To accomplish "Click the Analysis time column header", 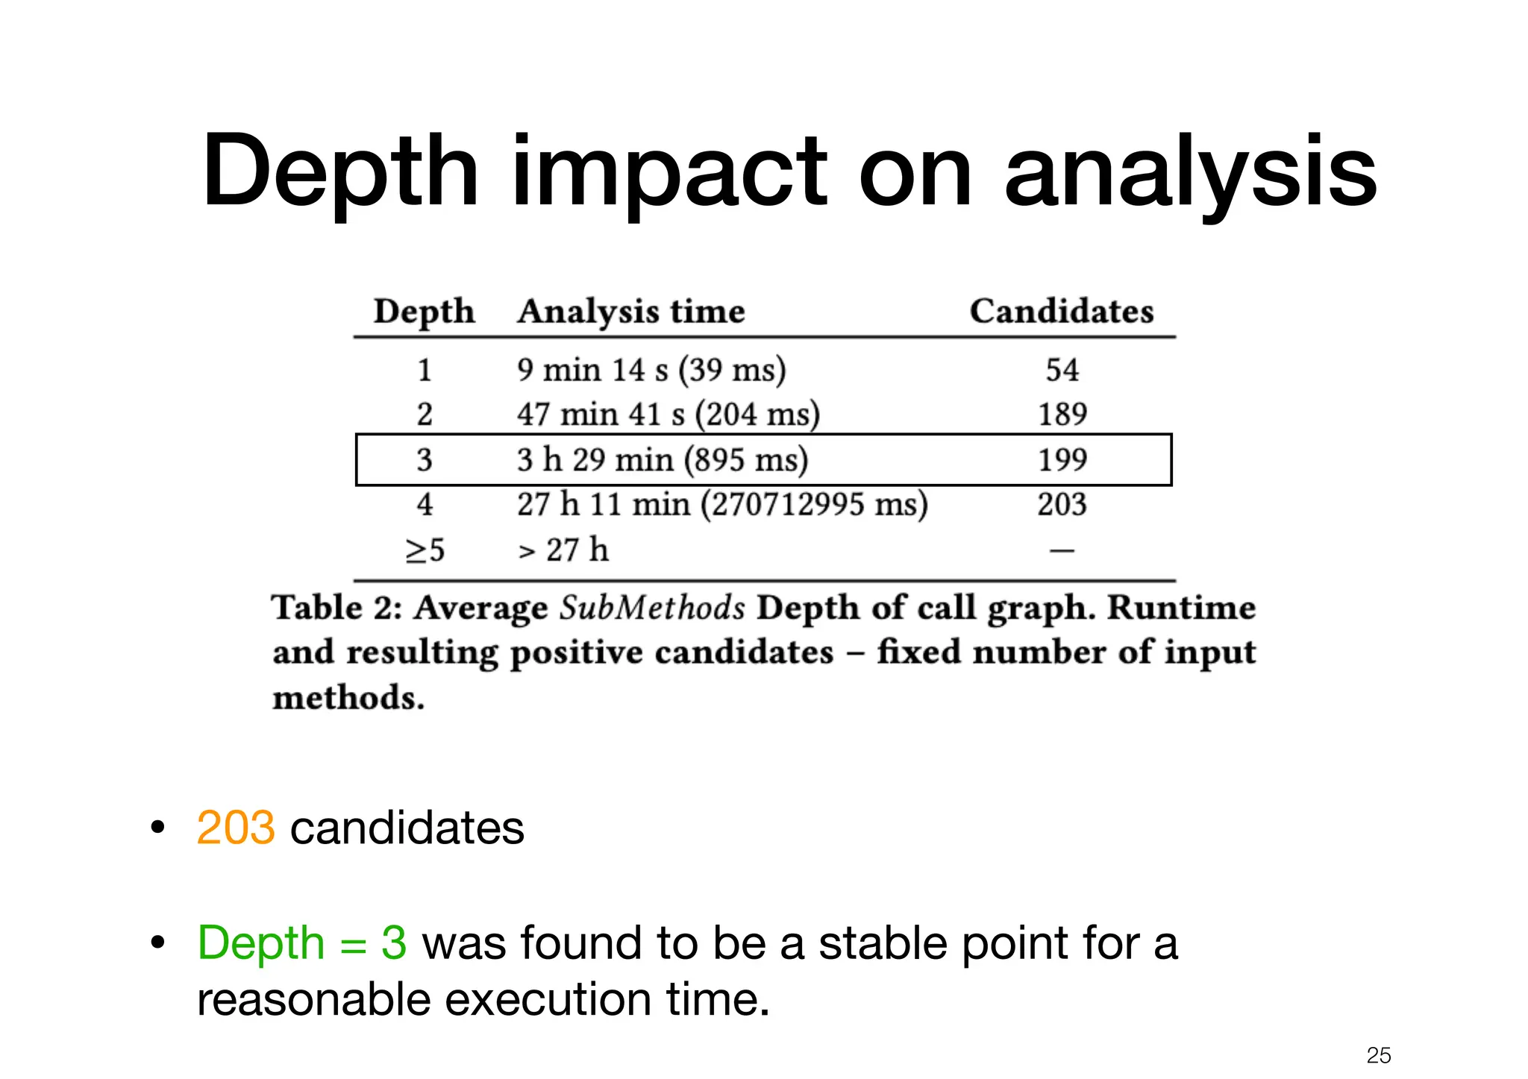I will tap(631, 311).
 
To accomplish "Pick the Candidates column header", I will tap(1061, 311).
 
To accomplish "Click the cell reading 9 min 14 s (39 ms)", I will tap(651, 370).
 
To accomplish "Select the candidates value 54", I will tap(1062, 370).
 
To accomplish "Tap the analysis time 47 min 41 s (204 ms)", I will tap(668, 415).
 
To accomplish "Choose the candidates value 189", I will tap(1062, 415).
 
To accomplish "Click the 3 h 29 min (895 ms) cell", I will tap(663, 460).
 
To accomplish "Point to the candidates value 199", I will tap(1062, 460).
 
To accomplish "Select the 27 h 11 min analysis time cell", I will tap(722, 505).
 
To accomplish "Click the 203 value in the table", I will tap(1062, 505).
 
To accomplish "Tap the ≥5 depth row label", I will tap(425, 550).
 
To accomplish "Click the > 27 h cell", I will tap(563, 550).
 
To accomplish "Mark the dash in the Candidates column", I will tap(1062, 551).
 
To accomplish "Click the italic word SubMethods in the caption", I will tap(652, 608).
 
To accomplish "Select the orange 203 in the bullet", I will tap(236, 828).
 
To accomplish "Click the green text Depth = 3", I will tap(302, 943).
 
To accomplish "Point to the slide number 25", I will tap(1379, 1055).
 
